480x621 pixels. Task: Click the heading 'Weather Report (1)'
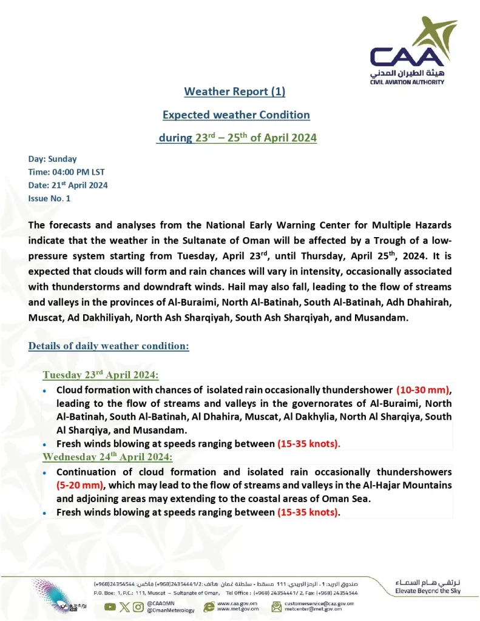pyautogui.click(x=234, y=92)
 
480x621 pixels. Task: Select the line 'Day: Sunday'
pyautogui.click(x=53, y=159)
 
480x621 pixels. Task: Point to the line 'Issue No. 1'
pyautogui.click(x=50, y=198)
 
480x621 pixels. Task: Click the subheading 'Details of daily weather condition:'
pyautogui.click(x=109, y=346)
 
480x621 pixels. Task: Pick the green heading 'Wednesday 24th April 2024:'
pyautogui.click(x=107, y=456)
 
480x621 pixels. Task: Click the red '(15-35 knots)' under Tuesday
pyautogui.click(x=309, y=443)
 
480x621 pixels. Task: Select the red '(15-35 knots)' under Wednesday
pyautogui.click(x=309, y=512)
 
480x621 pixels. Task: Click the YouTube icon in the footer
pyautogui.click(x=110, y=606)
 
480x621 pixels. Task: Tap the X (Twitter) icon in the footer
pyautogui.click(x=124, y=606)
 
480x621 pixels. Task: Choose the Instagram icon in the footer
pyautogui.click(x=139, y=606)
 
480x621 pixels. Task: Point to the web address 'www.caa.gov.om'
pyautogui.click(x=237, y=603)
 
